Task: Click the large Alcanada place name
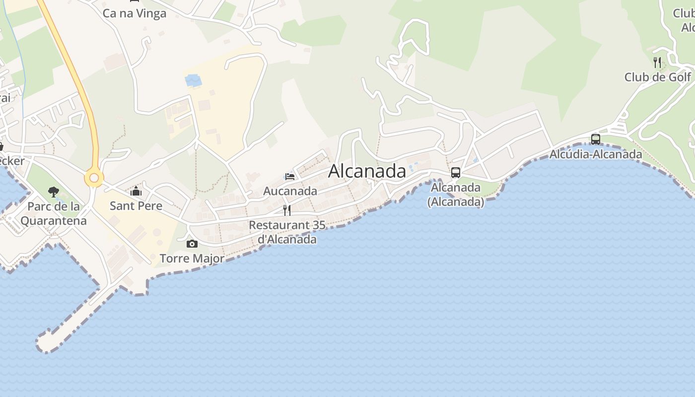pos(367,171)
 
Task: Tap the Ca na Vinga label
pos(134,13)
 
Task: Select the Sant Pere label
pos(136,205)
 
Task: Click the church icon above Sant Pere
pos(136,191)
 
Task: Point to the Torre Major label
pos(192,259)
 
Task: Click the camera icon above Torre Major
pos(192,244)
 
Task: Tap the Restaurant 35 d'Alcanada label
pos(287,232)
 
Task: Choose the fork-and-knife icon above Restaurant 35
pos(287,210)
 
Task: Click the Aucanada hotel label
pos(290,191)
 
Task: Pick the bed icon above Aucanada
pos(290,176)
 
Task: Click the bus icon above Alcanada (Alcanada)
pos(455,173)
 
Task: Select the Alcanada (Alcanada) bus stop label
pos(455,195)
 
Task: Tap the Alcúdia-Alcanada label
pos(595,154)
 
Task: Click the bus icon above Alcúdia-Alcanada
pos(595,139)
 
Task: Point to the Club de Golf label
pos(657,77)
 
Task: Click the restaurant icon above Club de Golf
pos(657,63)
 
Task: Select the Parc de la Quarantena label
pos(54,213)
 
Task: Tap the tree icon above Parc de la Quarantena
pos(54,192)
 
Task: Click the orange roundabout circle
pos(94,177)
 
